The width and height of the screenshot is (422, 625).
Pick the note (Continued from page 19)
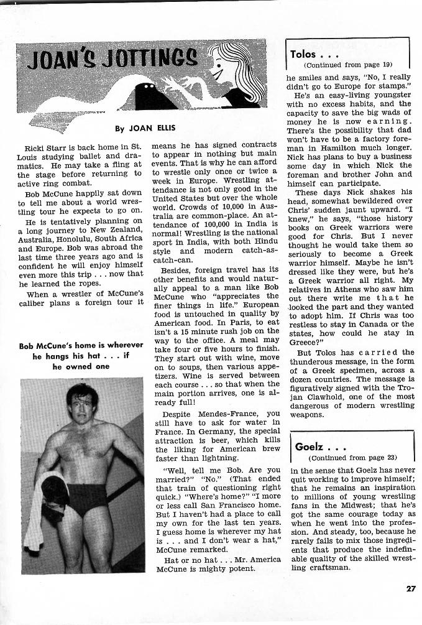pyautogui.click(x=348, y=65)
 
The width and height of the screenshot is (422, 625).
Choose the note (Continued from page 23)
pyautogui.click(x=352, y=458)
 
